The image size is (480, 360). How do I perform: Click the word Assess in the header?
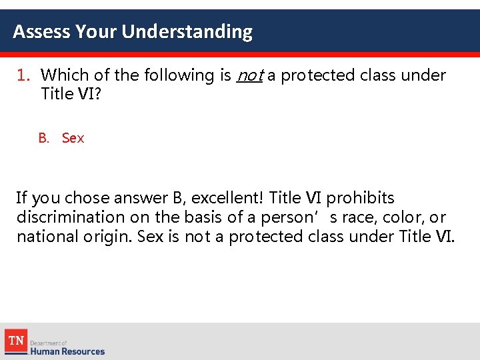coord(41,32)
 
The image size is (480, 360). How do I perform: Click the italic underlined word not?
coord(250,75)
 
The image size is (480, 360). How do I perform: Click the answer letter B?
coord(43,138)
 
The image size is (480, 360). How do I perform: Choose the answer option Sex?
coord(73,138)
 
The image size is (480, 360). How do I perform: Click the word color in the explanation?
coord(404,217)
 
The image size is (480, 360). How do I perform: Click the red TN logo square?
coord(17,341)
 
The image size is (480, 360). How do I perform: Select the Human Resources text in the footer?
coord(67,351)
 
